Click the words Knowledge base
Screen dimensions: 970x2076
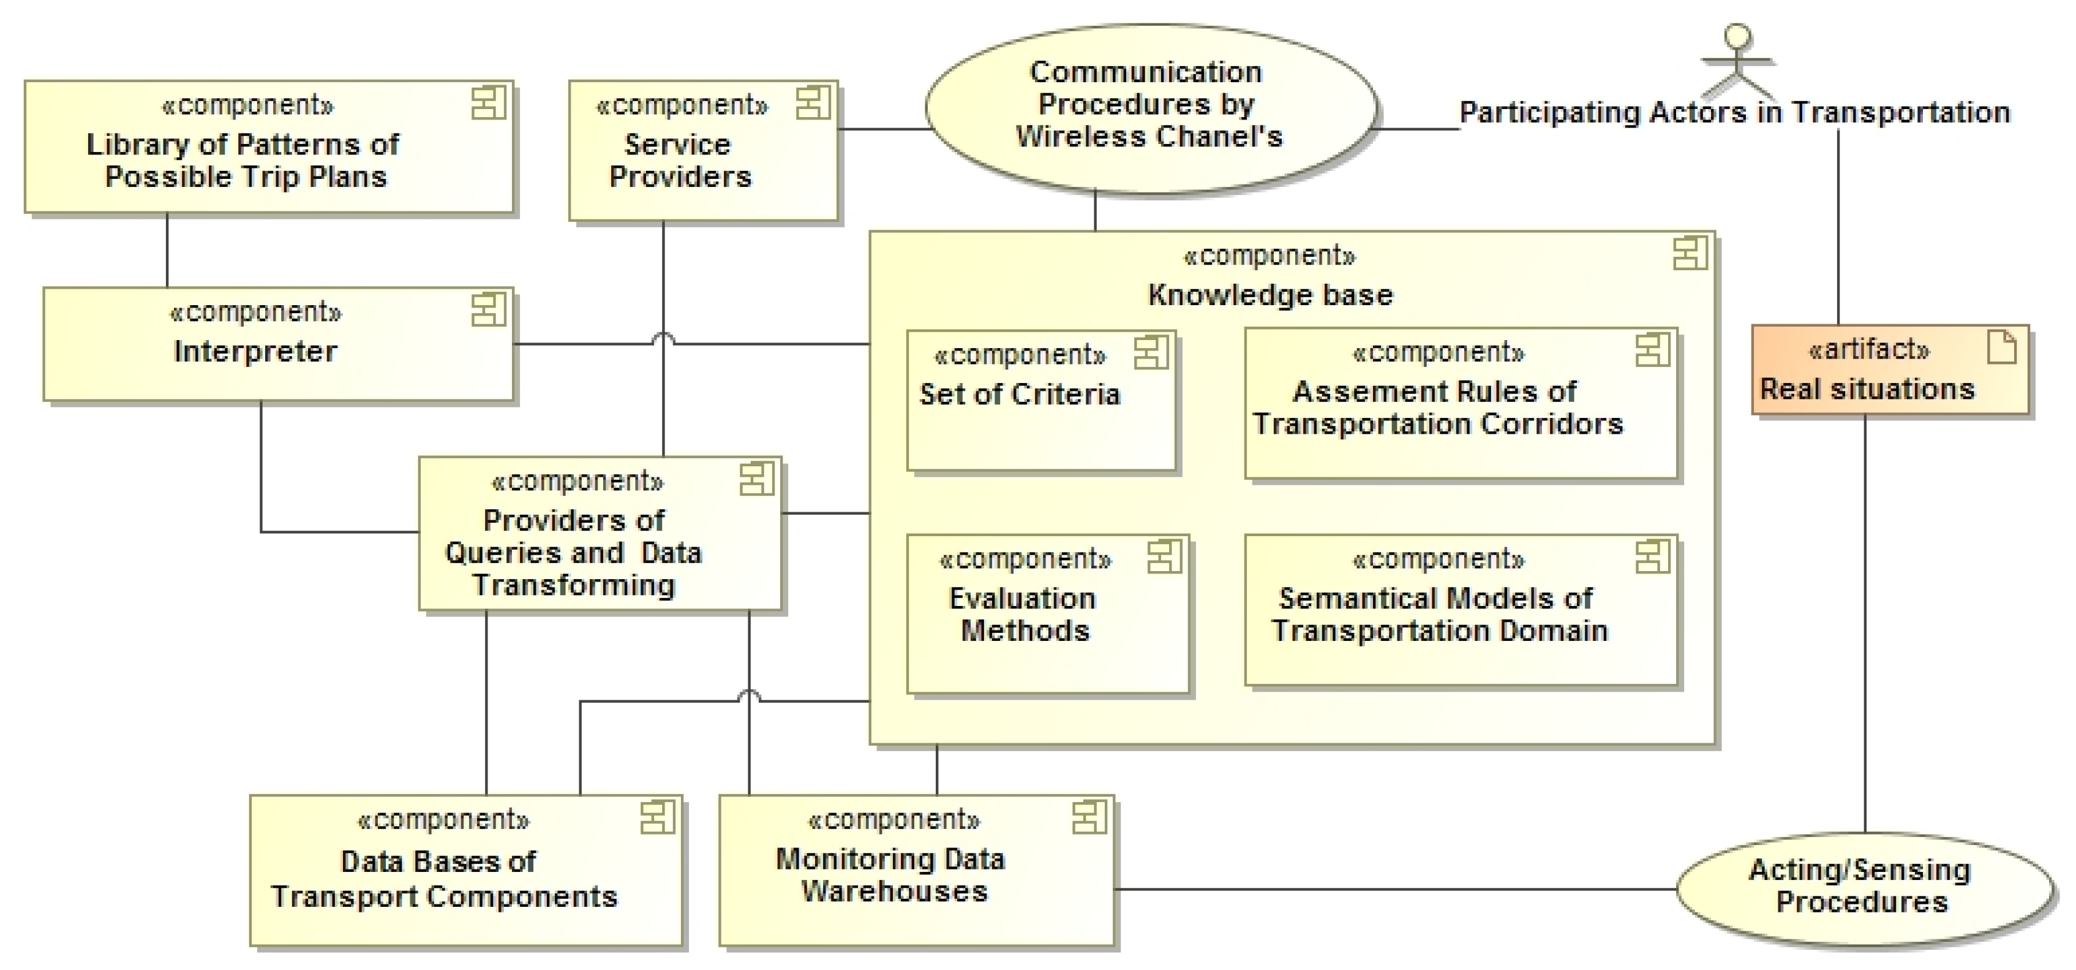[x=1270, y=295]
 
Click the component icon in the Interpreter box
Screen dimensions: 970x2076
[x=488, y=309]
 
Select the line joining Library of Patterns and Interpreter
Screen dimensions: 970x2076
[x=167, y=250]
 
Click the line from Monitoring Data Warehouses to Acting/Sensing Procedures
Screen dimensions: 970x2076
[x=1394, y=889]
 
